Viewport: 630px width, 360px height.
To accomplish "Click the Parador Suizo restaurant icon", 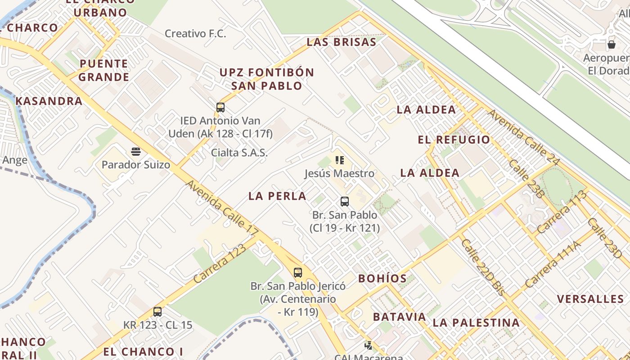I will (x=136, y=151).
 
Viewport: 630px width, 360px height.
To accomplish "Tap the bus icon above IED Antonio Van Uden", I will (x=220, y=108).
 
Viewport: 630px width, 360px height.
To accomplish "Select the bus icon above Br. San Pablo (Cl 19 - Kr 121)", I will (x=345, y=202).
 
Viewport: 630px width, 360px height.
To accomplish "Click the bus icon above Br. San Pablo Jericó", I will (x=298, y=273).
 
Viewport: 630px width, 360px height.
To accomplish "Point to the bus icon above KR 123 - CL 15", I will (x=157, y=312).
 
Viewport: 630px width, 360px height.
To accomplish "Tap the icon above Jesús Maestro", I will (x=340, y=160).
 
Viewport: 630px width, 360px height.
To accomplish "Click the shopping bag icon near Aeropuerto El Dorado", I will (x=612, y=45).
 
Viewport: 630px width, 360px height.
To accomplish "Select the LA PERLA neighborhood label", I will (x=277, y=196).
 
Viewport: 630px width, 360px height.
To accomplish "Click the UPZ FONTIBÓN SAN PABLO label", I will (x=267, y=79).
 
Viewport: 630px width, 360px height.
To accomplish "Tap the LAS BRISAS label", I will (x=341, y=42).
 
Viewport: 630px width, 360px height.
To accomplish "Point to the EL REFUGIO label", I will (x=454, y=139).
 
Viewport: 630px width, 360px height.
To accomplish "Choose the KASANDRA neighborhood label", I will (x=49, y=101).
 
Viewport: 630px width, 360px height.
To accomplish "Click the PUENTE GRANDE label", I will (x=104, y=70).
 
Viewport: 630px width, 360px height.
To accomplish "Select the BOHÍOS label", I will (x=382, y=279).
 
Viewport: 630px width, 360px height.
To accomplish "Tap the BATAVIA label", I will (x=400, y=317).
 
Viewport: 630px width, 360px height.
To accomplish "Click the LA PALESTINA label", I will (x=476, y=323).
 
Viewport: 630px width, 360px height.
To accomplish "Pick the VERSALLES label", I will (x=590, y=299).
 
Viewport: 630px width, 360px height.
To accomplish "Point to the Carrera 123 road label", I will (x=220, y=264).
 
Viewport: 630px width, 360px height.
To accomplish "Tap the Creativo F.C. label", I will (x=195, y=33).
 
